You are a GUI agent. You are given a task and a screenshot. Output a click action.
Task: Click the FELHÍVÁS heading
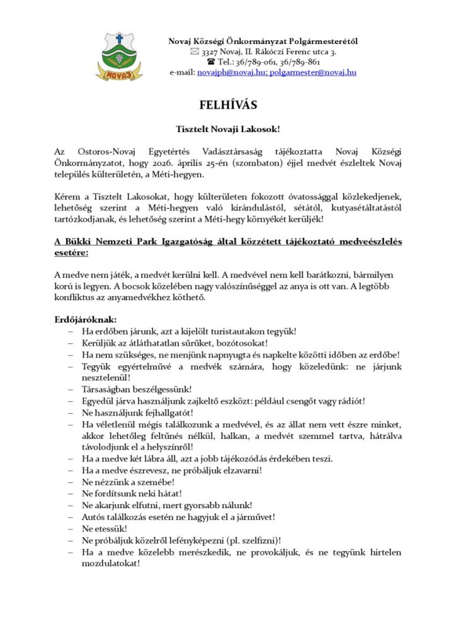pos(227,104)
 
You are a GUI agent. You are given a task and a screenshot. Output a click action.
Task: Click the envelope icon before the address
pos(194,52)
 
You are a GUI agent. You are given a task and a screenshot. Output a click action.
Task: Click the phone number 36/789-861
pos(299,62)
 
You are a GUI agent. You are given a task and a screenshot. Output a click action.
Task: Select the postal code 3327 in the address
pos(211,52)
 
